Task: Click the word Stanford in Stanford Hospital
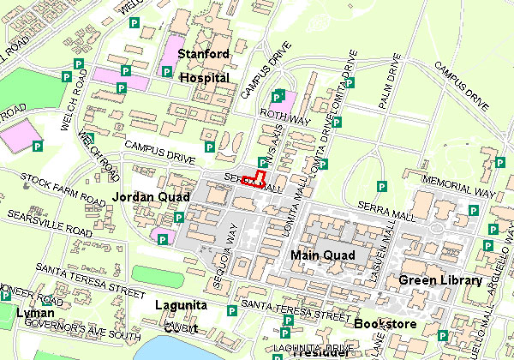[203, 55]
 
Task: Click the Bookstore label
[385, 324]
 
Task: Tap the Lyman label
[35, 313]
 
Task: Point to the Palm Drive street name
[391, 78]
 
